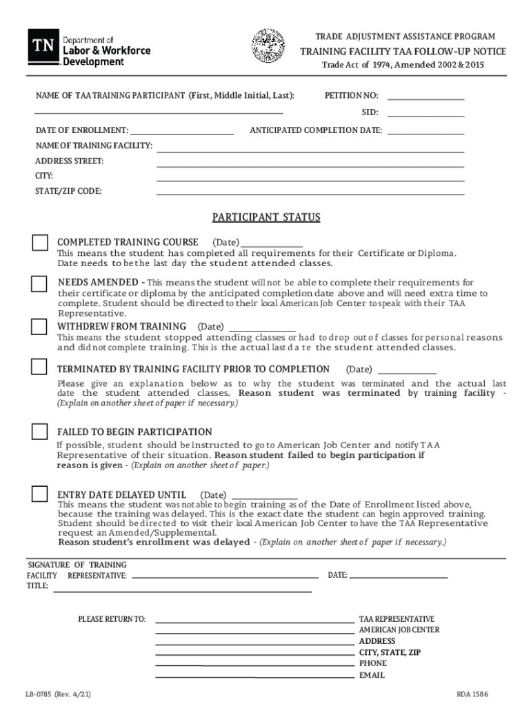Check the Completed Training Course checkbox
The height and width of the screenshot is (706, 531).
pyautogui.click(x=40, y=243)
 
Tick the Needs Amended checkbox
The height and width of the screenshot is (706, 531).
pyautogui.click(x=39, y=284)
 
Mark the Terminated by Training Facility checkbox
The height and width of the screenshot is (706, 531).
pyautogui.click(x=39, y=366)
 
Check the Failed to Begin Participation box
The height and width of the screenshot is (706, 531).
pyautogui.click(x=39, y=432)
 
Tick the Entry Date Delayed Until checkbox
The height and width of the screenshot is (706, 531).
pyautogui.click(x=39, y=494)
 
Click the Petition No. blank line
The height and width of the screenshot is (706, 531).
pyautogui.click(x=425, y=99)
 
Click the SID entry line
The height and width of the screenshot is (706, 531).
pyautogui.click(x=425, y=116)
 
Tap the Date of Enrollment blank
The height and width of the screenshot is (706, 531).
pyautogui.click(x=182, y=133)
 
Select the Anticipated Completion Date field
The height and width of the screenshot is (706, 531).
pyautogui.click(x=425, y=133)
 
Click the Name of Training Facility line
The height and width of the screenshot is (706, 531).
pyautogui.click(x=310, y=151)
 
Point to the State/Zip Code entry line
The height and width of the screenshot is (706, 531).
pyautogui.click(x=310, y=194)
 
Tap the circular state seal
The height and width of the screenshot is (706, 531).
pyautogui.click(x=267, y=45)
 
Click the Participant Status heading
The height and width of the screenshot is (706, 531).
pyautogui.click(x=266, y=218)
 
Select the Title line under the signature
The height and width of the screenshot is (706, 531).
pyautogui.click(x=183, y=591)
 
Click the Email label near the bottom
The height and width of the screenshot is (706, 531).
pyautogui.click(x=372, y=675)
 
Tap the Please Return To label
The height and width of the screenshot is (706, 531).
pyautogui.click(x=112, y=619)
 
